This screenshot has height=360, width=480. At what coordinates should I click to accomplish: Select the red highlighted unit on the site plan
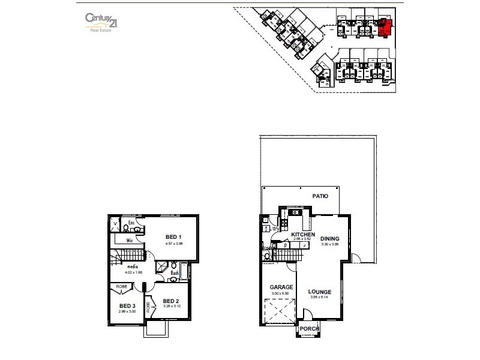tap(384, 28)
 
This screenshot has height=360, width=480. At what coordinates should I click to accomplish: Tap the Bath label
tap(175, 272)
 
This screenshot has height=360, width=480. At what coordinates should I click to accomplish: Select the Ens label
tap(132, 222)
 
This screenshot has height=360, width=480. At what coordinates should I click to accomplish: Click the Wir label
tap(128, 240)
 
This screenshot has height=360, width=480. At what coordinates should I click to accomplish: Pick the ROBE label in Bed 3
tap(121, 287)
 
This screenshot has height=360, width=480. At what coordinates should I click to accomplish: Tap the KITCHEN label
tap(304, 234)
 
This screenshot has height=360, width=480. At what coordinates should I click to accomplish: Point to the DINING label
tap(329, 239)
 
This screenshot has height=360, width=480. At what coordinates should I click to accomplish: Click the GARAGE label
tap(281, 287)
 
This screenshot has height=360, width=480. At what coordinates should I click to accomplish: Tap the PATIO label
tap(320, 196)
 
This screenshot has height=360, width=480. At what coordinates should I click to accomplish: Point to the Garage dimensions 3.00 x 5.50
tap(281, 293)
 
